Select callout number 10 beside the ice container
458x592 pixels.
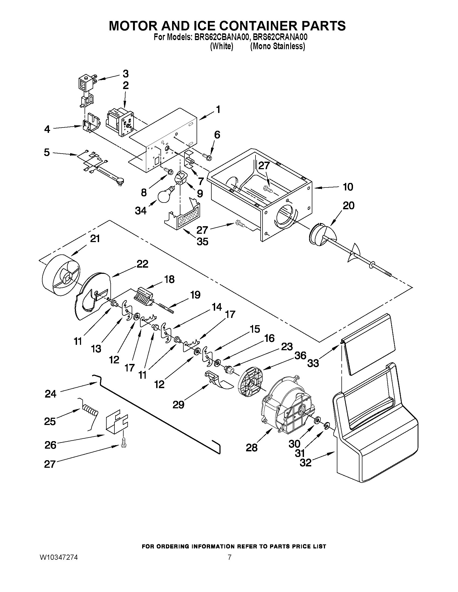348,187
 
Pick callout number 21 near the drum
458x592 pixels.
95,239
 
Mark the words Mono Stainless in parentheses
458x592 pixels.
277,46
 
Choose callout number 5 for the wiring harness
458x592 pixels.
47,152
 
